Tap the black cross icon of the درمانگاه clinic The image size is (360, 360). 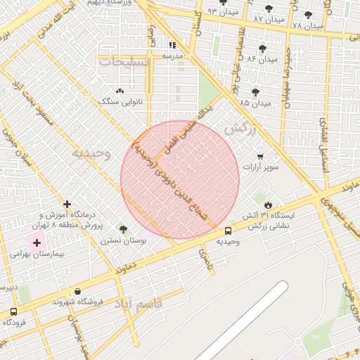point(67,204)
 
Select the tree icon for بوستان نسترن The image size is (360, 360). point(124,229)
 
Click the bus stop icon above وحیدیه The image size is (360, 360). point(229,231)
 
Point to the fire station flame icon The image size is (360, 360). point(266,205)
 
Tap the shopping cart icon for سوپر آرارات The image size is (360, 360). point(261,157)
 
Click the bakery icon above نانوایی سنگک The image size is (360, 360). point(120,91)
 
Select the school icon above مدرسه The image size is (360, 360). point(173,45)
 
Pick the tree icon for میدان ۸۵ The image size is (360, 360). point(255,92)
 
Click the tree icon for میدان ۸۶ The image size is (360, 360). point(262,49)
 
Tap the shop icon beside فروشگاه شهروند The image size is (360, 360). point(77,291)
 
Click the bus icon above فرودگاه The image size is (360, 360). point(14,311)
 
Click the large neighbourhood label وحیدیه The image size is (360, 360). point(91,153)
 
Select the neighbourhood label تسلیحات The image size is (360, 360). point(127,63)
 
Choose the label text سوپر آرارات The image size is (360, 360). point(262,167)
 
